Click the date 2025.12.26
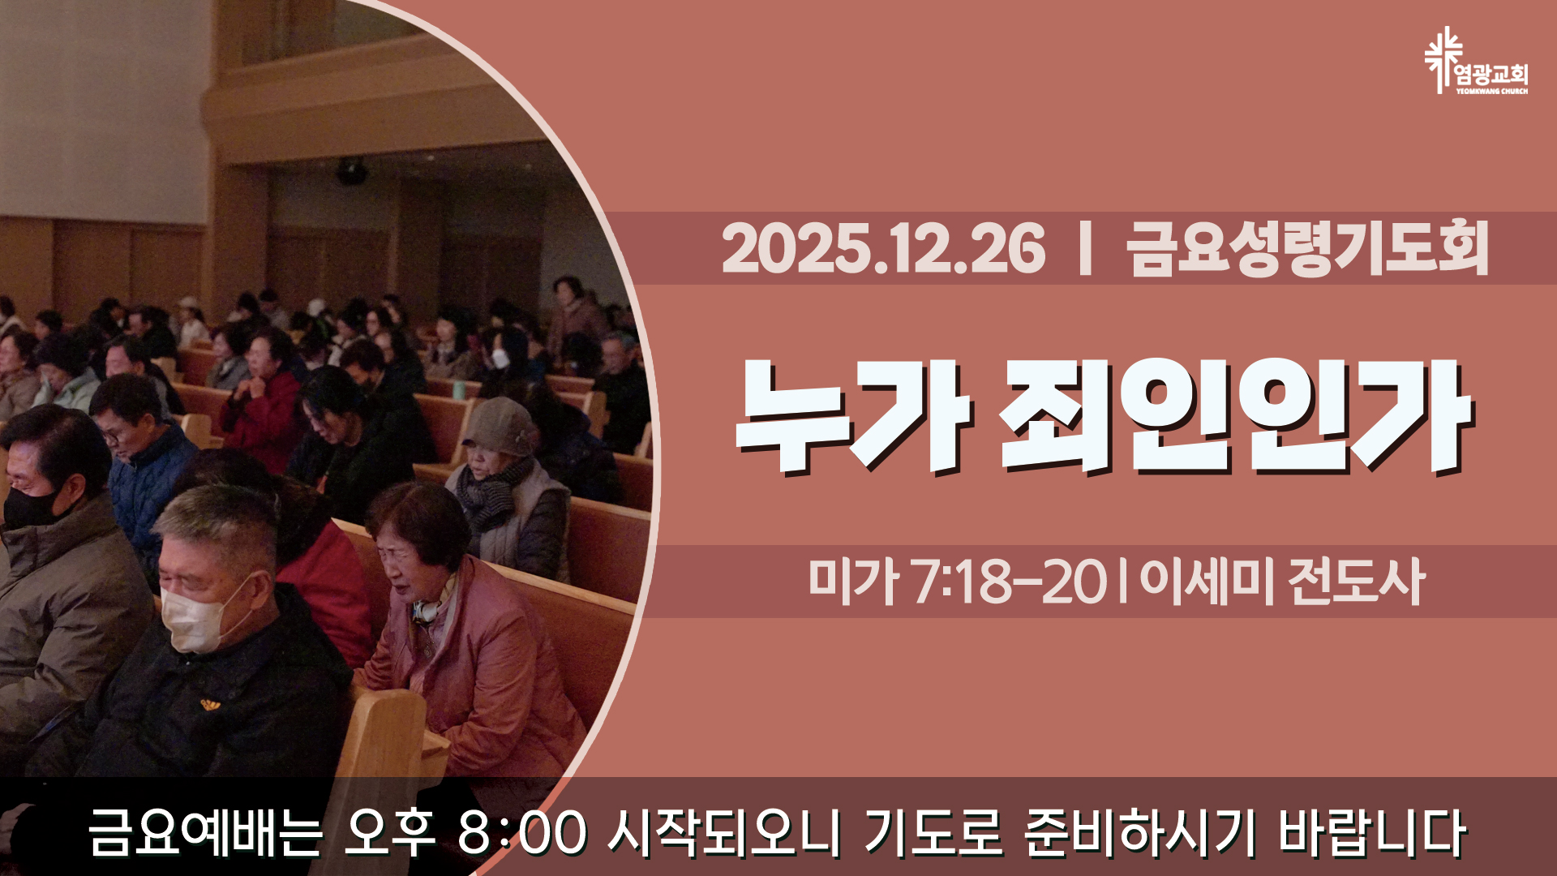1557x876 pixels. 883,249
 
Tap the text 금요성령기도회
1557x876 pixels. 1307,249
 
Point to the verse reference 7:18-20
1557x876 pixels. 1010,582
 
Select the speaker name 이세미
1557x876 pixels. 1207,582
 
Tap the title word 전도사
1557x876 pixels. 1356,582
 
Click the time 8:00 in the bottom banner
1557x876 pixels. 521,833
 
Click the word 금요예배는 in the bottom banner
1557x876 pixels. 205,832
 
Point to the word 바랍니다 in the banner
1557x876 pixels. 1373,832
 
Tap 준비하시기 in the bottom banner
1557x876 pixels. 1140,832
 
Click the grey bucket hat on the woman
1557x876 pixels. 500,427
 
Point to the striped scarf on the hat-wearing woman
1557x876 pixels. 491,492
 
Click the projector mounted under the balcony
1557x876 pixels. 351,171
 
